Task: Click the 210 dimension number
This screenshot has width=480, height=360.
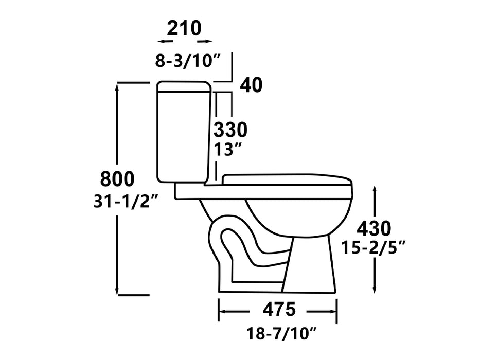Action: point(184,28)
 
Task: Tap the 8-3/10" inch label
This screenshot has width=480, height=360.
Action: point(188,60)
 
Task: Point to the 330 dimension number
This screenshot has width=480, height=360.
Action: point(230,129)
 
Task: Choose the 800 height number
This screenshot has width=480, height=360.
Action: point(117,179)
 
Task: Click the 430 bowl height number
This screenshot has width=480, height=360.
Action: point(374,227)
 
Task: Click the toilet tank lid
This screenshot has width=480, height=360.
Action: point(184,86)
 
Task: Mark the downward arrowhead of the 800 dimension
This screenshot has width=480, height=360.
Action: point(119,291)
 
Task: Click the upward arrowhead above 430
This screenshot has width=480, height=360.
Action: point(376,191)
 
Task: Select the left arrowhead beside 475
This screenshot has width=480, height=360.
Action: point(223,311)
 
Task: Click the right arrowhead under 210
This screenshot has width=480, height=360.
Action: point(208,41)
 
